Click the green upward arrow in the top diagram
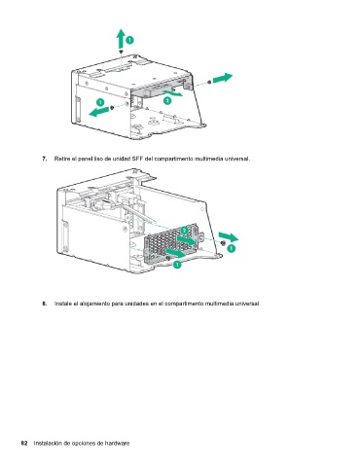pyautogui.click(x=121, y=39)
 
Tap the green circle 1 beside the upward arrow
pyautogui.click(x=129, y=40)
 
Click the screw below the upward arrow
pyautogui.click(x=121, y=52)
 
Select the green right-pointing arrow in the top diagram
pyautogui.click(x=223, y=78)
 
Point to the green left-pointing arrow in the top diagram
pyautogui.click(x=99, y=112)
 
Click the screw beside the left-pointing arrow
pyautogui.click(x=112, y=107)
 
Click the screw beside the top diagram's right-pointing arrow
pyautogui.click(x=209, y=82)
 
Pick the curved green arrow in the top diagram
pyautogui.click(x=173, y=93)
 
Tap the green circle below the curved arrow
pyautogui.click(x=167, y=101)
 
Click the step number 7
pyautogui.click(x=45, y=159)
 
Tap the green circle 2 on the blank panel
pyautogui.click(x=185, y=231)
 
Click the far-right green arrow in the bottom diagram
pyautogui.click(x=229, y=237)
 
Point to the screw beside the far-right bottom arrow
pyautogui.click(x=223, y=243)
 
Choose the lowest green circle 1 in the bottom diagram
pyautogui.click(x=177, y=265)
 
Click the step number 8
pyautogui.click(x=45, y=304)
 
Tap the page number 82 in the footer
pyautogui.click(x=24, y=443)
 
